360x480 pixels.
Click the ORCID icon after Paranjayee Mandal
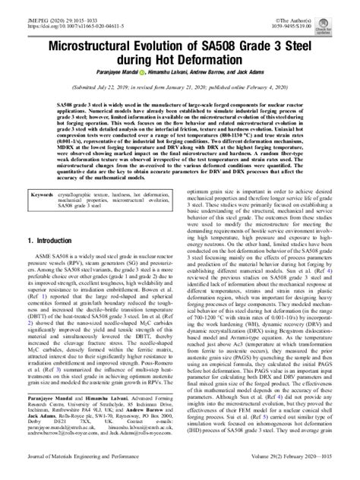coord(131,76)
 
